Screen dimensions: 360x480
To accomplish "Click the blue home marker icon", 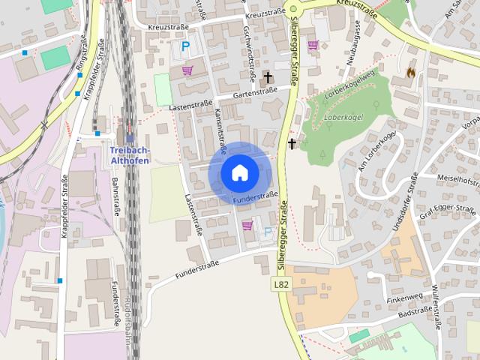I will pos(239,173).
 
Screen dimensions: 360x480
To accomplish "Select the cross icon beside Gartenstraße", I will pos(268,76).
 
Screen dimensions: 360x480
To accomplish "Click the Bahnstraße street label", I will pos(116,196).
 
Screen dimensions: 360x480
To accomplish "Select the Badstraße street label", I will pos(416,310).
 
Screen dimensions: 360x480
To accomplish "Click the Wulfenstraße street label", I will pos(437,307).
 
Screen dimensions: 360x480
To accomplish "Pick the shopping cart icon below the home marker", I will pos(247,225).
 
